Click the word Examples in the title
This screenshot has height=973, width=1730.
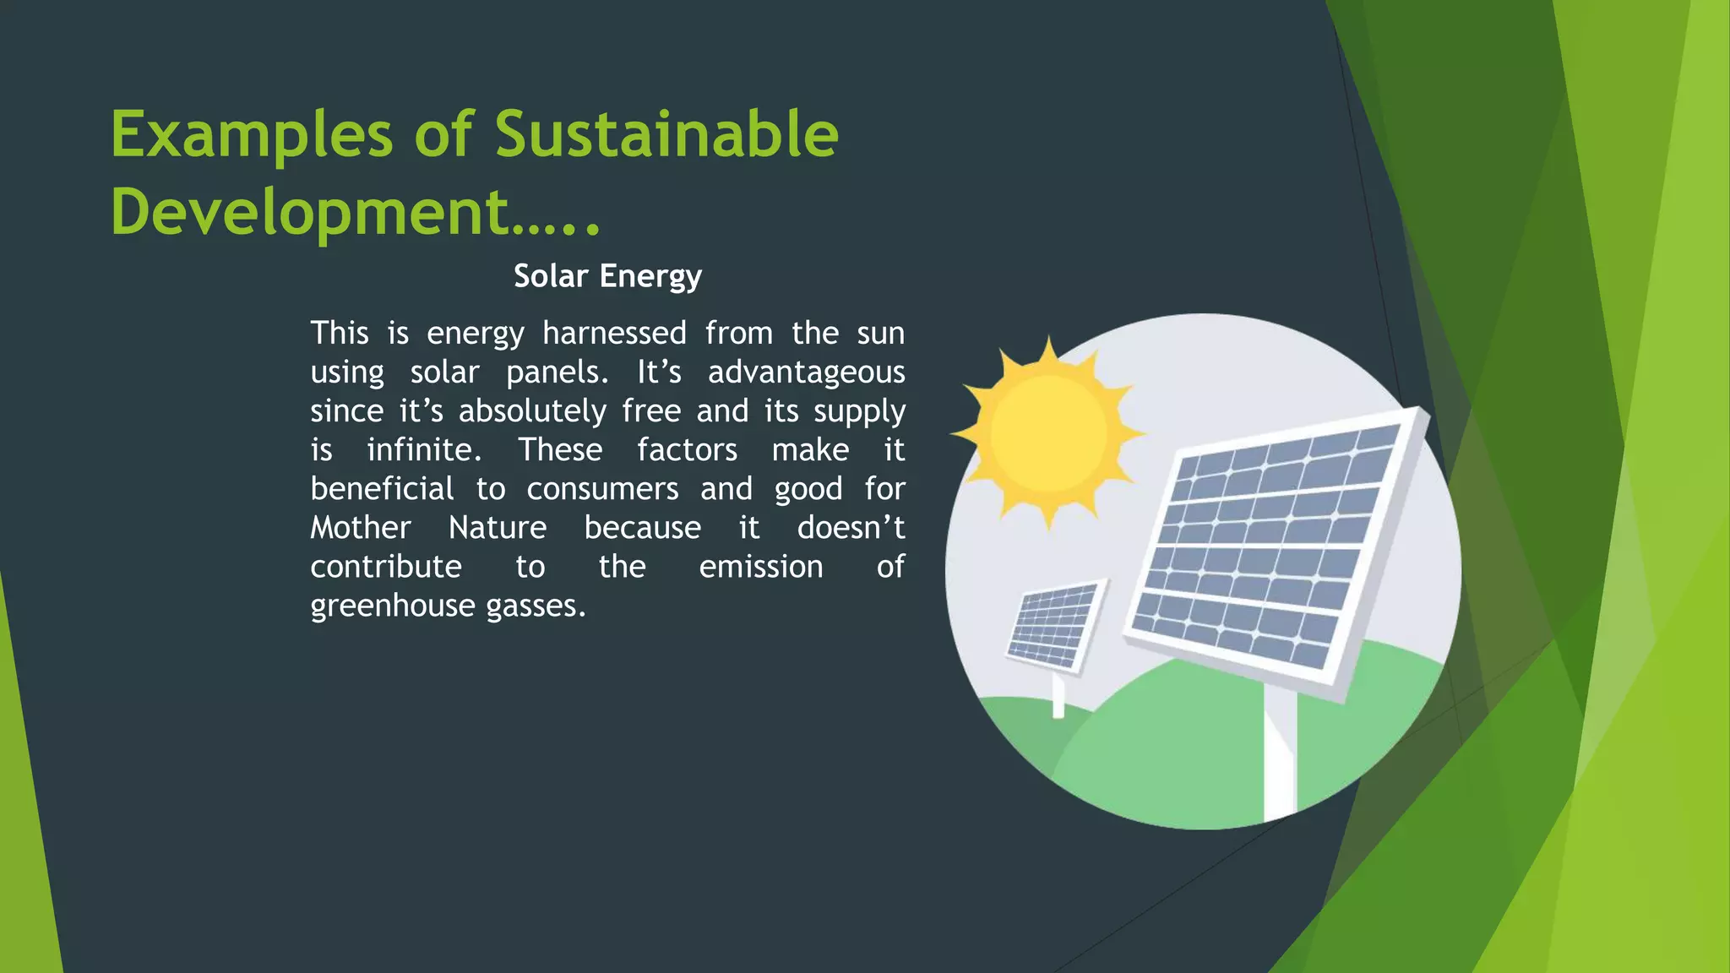252,135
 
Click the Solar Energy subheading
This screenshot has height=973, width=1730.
607,276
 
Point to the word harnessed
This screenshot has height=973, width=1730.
614,333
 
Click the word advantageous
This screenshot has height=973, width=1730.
806,372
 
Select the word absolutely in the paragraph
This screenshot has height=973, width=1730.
532,411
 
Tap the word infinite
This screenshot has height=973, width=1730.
423,449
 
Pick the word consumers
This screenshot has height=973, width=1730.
602,489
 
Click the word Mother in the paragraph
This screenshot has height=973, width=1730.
360,528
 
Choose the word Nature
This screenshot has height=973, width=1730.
498,528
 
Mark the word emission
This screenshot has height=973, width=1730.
760,567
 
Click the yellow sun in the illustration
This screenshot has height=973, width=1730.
1048,432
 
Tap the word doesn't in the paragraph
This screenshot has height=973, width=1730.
851,528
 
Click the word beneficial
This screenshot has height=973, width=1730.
382,489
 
